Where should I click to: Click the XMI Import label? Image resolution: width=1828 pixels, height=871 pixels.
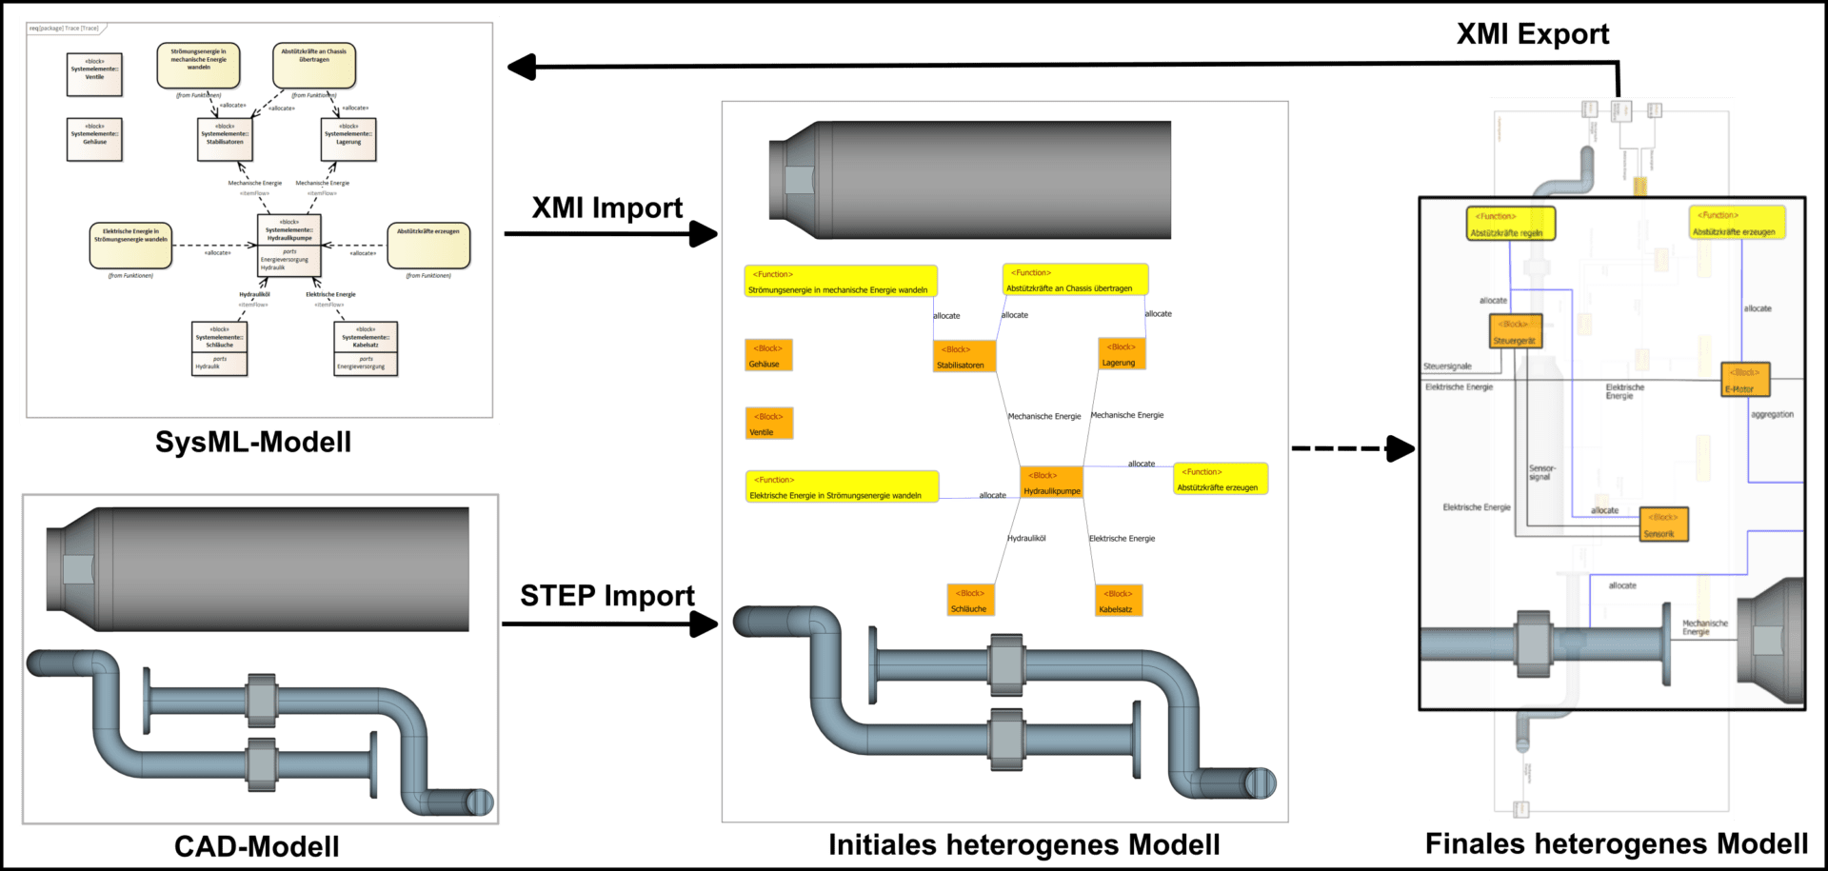coord(607,208)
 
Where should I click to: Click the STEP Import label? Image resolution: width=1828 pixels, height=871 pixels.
coord(607,596)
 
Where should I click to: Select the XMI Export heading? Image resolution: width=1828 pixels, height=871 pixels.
coord(1533,35)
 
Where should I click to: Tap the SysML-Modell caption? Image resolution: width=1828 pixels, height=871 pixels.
coord(253,443)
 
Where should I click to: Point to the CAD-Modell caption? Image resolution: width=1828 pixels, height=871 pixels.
coord(256,846)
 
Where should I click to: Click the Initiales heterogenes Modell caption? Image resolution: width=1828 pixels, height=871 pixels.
coord(1023,844)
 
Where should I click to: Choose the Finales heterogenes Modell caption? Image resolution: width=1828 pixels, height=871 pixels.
coord(1616,843)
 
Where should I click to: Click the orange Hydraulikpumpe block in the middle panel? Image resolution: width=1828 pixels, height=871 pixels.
coord(1051,483)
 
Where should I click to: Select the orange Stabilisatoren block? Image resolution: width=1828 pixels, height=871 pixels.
coord(964,357)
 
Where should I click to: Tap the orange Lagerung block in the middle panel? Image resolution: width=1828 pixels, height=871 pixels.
coord(1121,354)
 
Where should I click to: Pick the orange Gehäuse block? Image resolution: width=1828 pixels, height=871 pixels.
coord(767,356)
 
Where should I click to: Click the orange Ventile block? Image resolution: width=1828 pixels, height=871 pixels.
coord(769,424)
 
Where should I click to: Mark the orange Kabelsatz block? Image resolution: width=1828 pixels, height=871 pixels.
coord(1118,601)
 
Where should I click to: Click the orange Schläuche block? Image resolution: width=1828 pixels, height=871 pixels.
coord(970,601)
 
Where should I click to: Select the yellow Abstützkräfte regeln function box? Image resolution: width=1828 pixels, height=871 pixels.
coord(1509,225)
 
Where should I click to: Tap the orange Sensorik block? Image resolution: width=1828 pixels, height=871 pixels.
coord(1663,525)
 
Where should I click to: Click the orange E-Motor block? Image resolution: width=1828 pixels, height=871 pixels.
coord(1744,380)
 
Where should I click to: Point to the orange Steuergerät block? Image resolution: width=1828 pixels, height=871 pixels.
coord(1514,331)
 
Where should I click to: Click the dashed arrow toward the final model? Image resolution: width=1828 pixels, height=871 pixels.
coord(1352,448)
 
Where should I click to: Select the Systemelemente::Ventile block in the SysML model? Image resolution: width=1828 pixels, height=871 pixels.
coord(94,74)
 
